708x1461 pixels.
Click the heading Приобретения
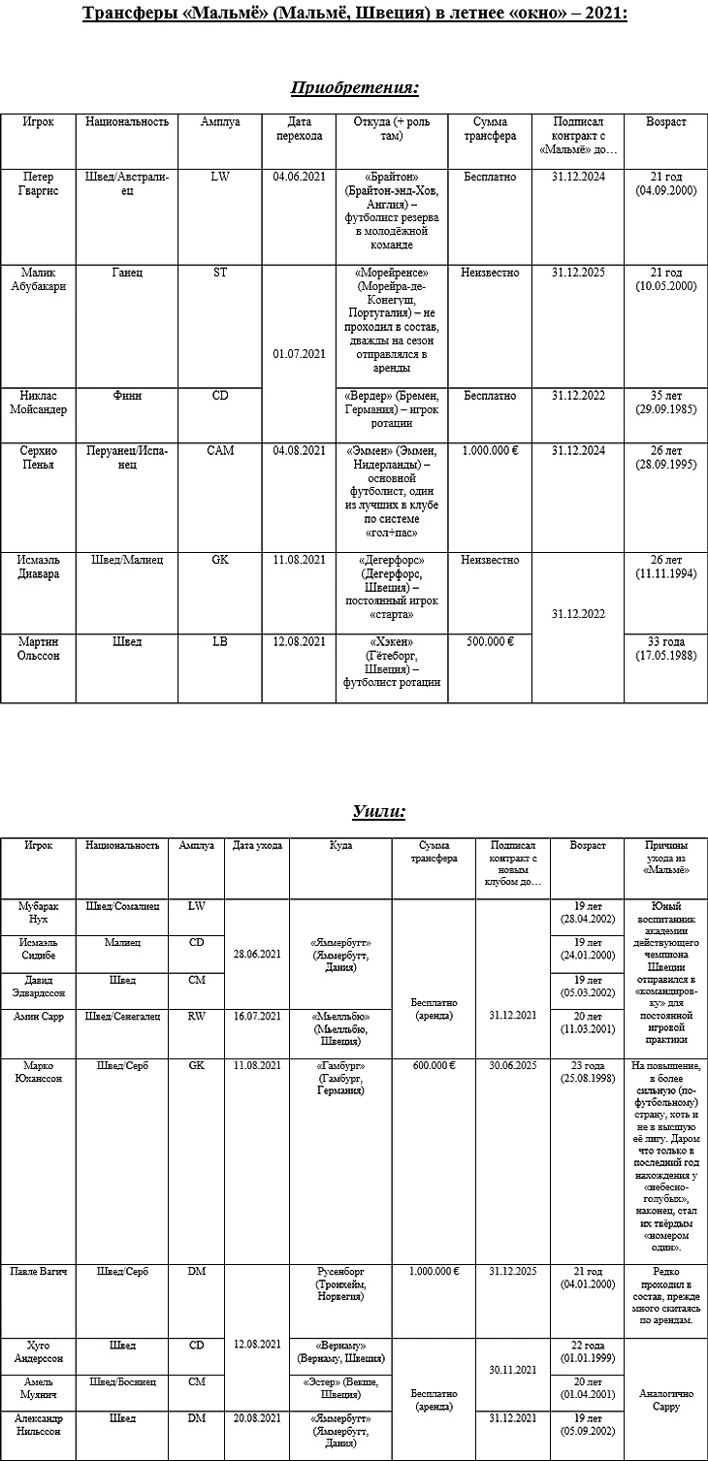click(354, 88)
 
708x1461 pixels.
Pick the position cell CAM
click(220, 451)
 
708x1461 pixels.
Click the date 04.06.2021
click(299, 178)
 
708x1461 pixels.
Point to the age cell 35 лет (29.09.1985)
click(665, 403)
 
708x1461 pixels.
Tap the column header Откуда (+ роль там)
click(391, 129)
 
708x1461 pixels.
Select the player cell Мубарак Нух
click(40, 912)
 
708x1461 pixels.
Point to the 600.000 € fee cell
click(434, 1065)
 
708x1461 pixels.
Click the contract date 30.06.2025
click(513, 1065)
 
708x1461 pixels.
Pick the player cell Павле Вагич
click(40, 1271)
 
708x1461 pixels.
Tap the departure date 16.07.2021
click(257, 1016)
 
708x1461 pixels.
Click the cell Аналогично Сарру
click(664, 1400)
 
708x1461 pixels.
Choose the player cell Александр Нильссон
click(40, 1425)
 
